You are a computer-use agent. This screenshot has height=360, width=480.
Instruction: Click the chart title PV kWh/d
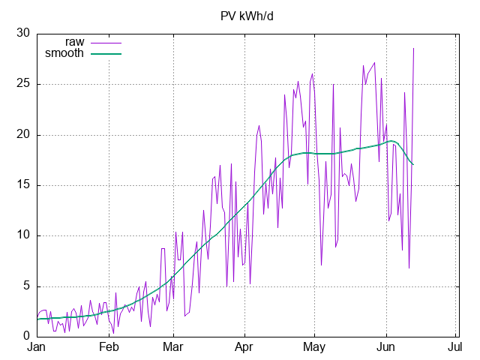[247, 16]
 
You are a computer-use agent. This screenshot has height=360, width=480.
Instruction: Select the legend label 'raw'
[75, 42]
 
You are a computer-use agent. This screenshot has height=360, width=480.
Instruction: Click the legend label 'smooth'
[64, 53]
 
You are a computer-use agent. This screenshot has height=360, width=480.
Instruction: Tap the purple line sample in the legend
[106, 43]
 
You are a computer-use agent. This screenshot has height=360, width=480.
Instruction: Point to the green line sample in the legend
[106, 54]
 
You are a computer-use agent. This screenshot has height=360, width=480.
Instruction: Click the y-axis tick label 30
[23, 33]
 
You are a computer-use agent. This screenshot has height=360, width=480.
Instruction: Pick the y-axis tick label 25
[23, 83]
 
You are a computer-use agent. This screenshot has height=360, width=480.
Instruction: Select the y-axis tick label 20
[23, 134]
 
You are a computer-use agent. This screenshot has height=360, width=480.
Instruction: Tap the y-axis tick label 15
[23, 185]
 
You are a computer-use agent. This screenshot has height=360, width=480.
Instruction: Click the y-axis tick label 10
[23, 235]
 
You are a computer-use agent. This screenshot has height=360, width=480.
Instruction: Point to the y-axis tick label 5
[27, 286]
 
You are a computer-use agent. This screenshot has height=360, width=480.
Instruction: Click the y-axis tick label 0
[27, 336]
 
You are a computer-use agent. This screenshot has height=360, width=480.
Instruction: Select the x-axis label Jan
[37, 347]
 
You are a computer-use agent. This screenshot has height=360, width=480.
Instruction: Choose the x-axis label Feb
[109, 347]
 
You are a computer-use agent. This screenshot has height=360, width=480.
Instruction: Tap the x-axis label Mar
[173, 347]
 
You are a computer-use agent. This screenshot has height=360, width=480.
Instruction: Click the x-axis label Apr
[244, 347]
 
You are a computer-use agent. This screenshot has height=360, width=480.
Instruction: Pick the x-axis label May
[314, 347]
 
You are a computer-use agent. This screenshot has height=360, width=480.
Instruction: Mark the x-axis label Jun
[386, 347]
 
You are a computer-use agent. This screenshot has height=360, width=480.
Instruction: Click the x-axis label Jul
[455, 347]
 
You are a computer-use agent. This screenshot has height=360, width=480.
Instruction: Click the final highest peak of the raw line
[413, 48]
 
